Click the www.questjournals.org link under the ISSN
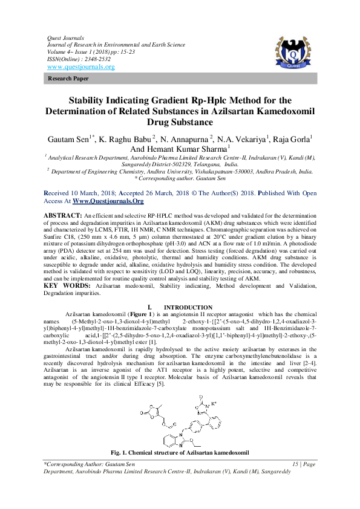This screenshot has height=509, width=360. [80, 66]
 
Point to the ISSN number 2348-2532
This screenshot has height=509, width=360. [97, 59]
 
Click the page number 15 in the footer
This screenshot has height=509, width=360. [296, 481]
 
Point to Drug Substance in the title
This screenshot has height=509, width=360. [180, 122]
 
